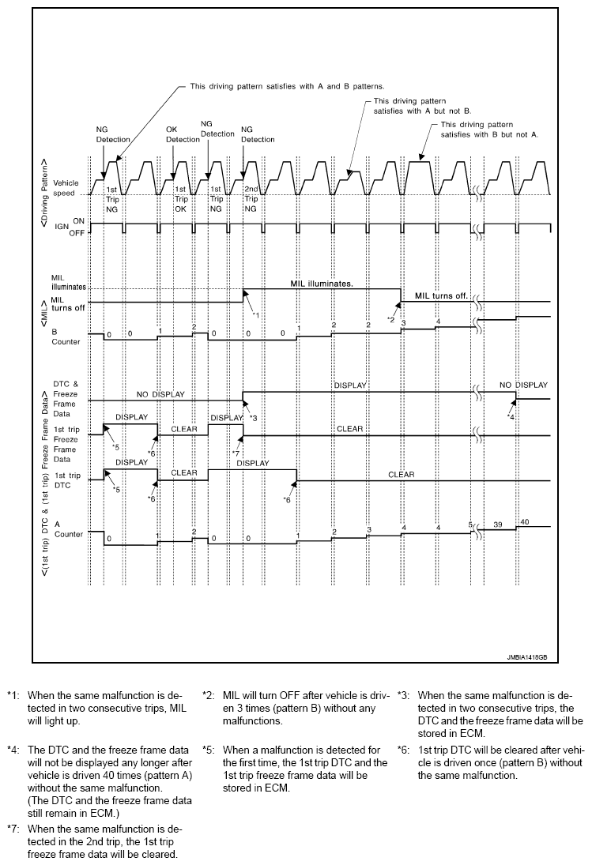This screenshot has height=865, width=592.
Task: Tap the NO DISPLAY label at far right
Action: tap(523, 385)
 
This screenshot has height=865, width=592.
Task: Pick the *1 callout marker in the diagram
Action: tap(255, 315)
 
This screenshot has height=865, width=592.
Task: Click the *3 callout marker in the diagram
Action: tap(254, 416)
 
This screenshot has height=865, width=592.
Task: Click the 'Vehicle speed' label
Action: tap(66, 186)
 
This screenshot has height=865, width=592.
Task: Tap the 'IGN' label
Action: tap(59, 229)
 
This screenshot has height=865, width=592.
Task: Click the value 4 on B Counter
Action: tap(437, 320)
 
